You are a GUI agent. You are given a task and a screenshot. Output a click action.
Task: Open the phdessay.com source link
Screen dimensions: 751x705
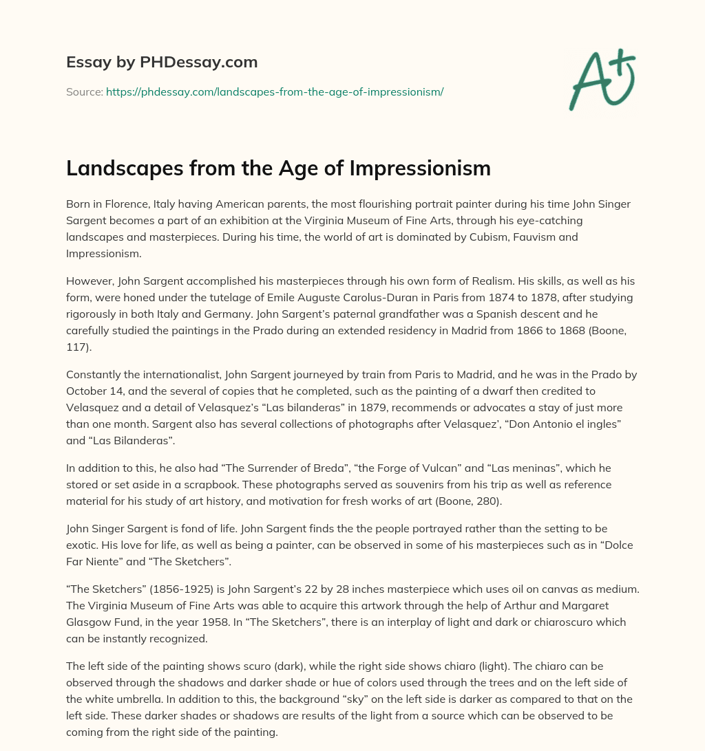[275, 91]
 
